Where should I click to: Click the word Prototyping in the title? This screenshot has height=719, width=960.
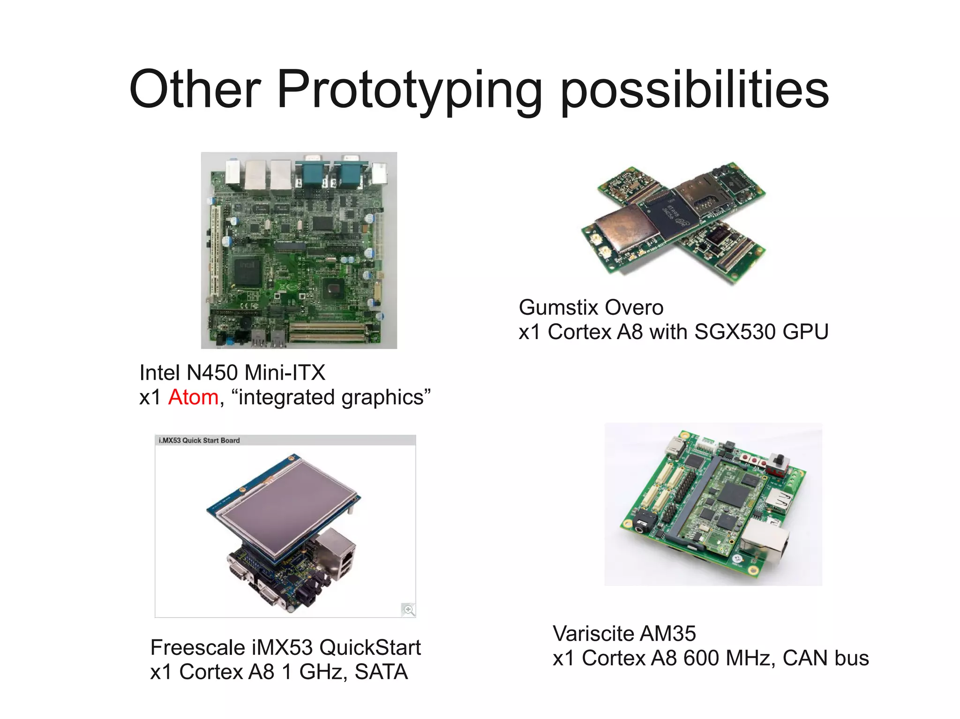409,90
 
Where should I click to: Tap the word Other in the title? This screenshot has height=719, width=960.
195,89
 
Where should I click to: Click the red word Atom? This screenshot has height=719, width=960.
193,397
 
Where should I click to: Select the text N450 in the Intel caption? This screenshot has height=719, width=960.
212,373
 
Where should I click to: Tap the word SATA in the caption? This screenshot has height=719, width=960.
381,672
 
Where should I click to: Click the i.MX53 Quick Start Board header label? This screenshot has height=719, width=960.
199,440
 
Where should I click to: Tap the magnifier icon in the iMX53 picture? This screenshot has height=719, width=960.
408,609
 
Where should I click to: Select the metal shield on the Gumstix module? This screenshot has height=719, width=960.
622,230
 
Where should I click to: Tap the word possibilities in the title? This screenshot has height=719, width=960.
695,90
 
